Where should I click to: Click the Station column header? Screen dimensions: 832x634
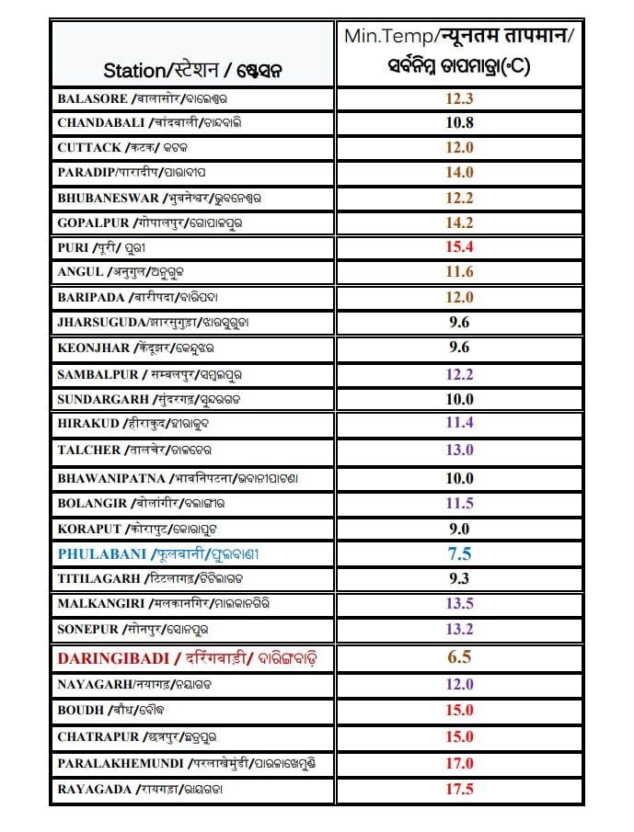tap(192, 70)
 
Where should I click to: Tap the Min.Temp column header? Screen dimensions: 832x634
tap(458, 51)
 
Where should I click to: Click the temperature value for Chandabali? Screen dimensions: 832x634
tap(458, 122)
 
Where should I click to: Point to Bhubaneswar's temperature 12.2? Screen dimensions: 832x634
tap(458, 198)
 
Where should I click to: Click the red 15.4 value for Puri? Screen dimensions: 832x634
tap(458, 247)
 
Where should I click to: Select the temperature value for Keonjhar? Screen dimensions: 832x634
tap(458, 348)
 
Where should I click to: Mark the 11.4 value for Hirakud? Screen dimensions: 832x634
tap(458, 423)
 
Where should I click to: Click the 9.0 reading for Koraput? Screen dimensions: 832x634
tap(458, 529)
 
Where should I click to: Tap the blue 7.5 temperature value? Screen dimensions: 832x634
tap(458, 554)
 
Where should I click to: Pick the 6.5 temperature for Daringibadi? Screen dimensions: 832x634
tap(458, 657)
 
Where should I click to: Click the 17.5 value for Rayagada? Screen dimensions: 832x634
tap(458, 789)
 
